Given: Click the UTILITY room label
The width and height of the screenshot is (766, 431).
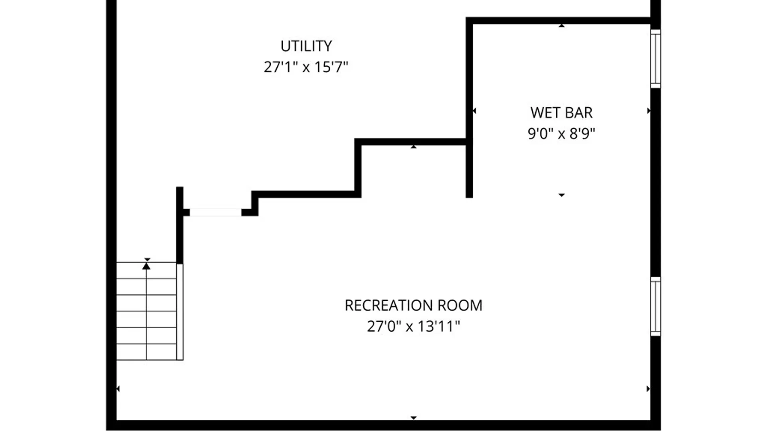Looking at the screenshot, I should tap(306, 46).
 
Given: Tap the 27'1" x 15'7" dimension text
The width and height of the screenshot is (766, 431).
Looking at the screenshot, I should tap(306, 67).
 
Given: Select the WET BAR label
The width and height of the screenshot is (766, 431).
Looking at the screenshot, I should tap(561, 113).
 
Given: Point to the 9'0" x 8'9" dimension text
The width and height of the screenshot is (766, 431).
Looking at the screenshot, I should tap(561, 134).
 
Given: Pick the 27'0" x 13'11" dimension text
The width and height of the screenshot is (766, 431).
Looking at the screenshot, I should tap(413, 326).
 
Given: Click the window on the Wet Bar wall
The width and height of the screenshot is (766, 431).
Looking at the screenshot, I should tap(655, 59).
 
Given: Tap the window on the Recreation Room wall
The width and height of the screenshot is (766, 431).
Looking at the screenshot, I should tap(655, 306).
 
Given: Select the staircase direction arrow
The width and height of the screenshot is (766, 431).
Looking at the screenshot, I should tap(146, 265).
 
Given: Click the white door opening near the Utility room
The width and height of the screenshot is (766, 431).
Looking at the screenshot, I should tap(215, 212).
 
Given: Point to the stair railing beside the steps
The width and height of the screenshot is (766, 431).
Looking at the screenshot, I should tap(180, 312).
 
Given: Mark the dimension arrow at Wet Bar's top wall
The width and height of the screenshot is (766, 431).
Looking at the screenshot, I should tap(561, 26).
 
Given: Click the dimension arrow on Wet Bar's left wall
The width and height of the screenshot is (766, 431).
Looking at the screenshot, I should tap(474, 111).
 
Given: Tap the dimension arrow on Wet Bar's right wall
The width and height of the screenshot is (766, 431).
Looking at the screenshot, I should tap(649, 111).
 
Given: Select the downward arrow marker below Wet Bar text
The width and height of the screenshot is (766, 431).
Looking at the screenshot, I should tap(561, 195).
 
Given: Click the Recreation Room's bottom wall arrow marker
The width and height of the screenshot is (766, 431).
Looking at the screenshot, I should tap(413, 418).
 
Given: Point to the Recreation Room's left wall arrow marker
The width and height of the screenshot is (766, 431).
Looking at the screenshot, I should tap(118, 389).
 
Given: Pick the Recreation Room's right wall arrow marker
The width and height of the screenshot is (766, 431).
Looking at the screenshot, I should tap(648, 389).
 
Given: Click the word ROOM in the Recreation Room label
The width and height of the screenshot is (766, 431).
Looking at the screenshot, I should tap(460, 306).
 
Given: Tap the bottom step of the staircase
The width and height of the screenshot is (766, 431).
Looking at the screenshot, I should tap(146, 352).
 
